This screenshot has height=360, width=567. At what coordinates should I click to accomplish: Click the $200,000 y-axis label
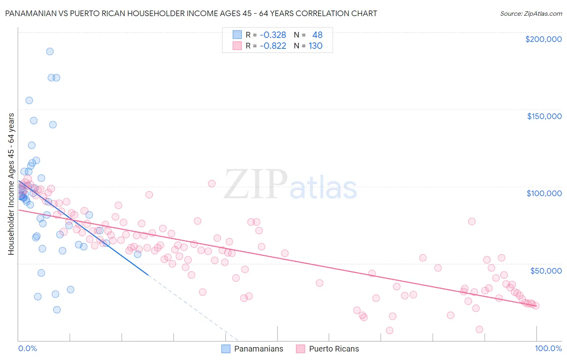pyautogui.click(x=543, y=39)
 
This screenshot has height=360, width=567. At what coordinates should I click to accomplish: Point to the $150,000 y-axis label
pyautogui.click(x=544, y=116)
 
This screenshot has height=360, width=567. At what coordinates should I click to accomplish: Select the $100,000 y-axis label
pyautogui.click(x=544, y=193)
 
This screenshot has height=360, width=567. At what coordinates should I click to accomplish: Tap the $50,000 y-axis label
pyautogui.click(x=546, y=270)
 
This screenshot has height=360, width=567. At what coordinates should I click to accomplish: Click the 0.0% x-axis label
pyautogui.click(x=27, y=348)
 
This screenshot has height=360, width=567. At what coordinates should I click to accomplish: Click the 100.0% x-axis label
pyautogui.click(x=548, y=348)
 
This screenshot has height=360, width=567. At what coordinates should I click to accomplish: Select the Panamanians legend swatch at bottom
pyautogui.click(x=226, y=349)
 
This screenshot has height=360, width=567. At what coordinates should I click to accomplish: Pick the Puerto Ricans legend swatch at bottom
pyautogui.click(x=300, y=349)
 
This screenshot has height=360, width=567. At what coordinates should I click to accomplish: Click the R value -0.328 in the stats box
pyautogui.click(x=273, y=35)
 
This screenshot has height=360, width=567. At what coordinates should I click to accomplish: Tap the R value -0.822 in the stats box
pyautogui.click(x=273, y=46)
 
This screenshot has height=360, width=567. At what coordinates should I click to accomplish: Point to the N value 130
pyautogui.click(x=315, y=46)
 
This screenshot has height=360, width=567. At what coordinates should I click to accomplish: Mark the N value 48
pyautogui.click(x=317, y=35)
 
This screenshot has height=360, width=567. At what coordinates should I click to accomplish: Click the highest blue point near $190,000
pyautogui.click(x=50, y=51)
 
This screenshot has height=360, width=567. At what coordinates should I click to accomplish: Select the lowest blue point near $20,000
pyautogui.click(x=57, y=310)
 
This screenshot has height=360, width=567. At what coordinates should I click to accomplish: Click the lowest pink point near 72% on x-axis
pyautogui.click(x=390, y=330)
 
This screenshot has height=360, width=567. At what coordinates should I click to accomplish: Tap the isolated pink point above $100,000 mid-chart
pyautogui.click(x=212, y=184)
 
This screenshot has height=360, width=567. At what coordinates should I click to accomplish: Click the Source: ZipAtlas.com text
pyautogui.click(x=531, y=14)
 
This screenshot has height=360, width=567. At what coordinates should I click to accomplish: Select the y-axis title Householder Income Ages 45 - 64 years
pyautogui.click(x=11, y=184)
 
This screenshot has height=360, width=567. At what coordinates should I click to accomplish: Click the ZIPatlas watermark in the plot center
pyautogui.click(x=290, y=185)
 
